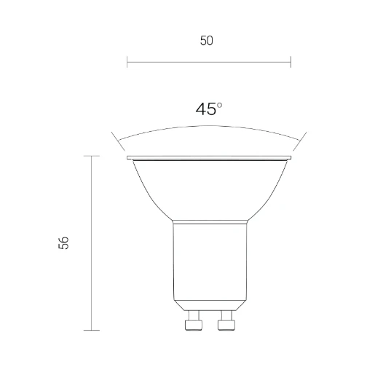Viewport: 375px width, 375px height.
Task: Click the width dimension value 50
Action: pyautogui.click(x=207, y=42)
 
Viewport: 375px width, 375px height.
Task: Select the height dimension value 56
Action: pyautogui.click(x=65, y=243)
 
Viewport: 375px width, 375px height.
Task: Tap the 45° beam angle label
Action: pyautogui.click(x=208, y=109)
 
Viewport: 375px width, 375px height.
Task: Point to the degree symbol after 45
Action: pyautogui.click(x=220, y=105)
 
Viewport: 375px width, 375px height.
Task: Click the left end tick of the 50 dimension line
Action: pyautogui.click(x=127, y=62)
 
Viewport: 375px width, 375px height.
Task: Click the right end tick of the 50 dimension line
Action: pyautogui.click(x=291, y=62)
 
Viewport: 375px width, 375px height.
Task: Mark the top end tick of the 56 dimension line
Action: pyautogui.click(x=92, y=156)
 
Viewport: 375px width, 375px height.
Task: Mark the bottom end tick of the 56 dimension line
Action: pyautogui.click(x=92, y=330)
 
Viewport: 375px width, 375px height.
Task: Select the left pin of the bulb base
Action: pyautogui.click(x=193, y=320)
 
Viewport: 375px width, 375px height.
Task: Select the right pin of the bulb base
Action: pyautogui.click(x=226, y=320)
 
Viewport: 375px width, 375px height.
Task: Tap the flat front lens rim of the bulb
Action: pyautogui.click(x=209, y=157)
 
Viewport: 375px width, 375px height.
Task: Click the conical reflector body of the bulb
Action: pyautogui.click(x=209, y=189)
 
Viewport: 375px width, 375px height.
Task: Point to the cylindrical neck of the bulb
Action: pyautogui.click(x=209, y=262)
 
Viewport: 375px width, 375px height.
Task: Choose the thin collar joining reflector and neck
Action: pyautogui.click(x=209, y=222)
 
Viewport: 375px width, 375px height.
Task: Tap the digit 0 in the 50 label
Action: pyautogui.click(x=210, y=42)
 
